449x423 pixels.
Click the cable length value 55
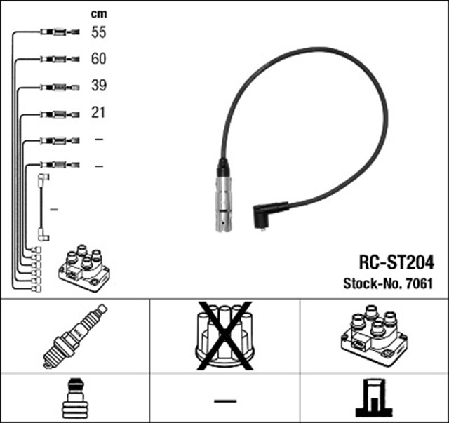click(98, 32)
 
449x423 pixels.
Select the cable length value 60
click(98, 59)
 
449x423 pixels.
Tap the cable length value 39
click(98, 86)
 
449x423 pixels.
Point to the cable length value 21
click(98, 112)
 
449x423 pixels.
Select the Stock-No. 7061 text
click(387, 284)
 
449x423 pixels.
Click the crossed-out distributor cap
click(224, 335)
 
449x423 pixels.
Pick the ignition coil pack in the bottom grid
click(373, 335)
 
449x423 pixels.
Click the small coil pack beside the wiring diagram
click(84, 269)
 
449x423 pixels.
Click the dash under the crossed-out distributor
click(224, 401)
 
